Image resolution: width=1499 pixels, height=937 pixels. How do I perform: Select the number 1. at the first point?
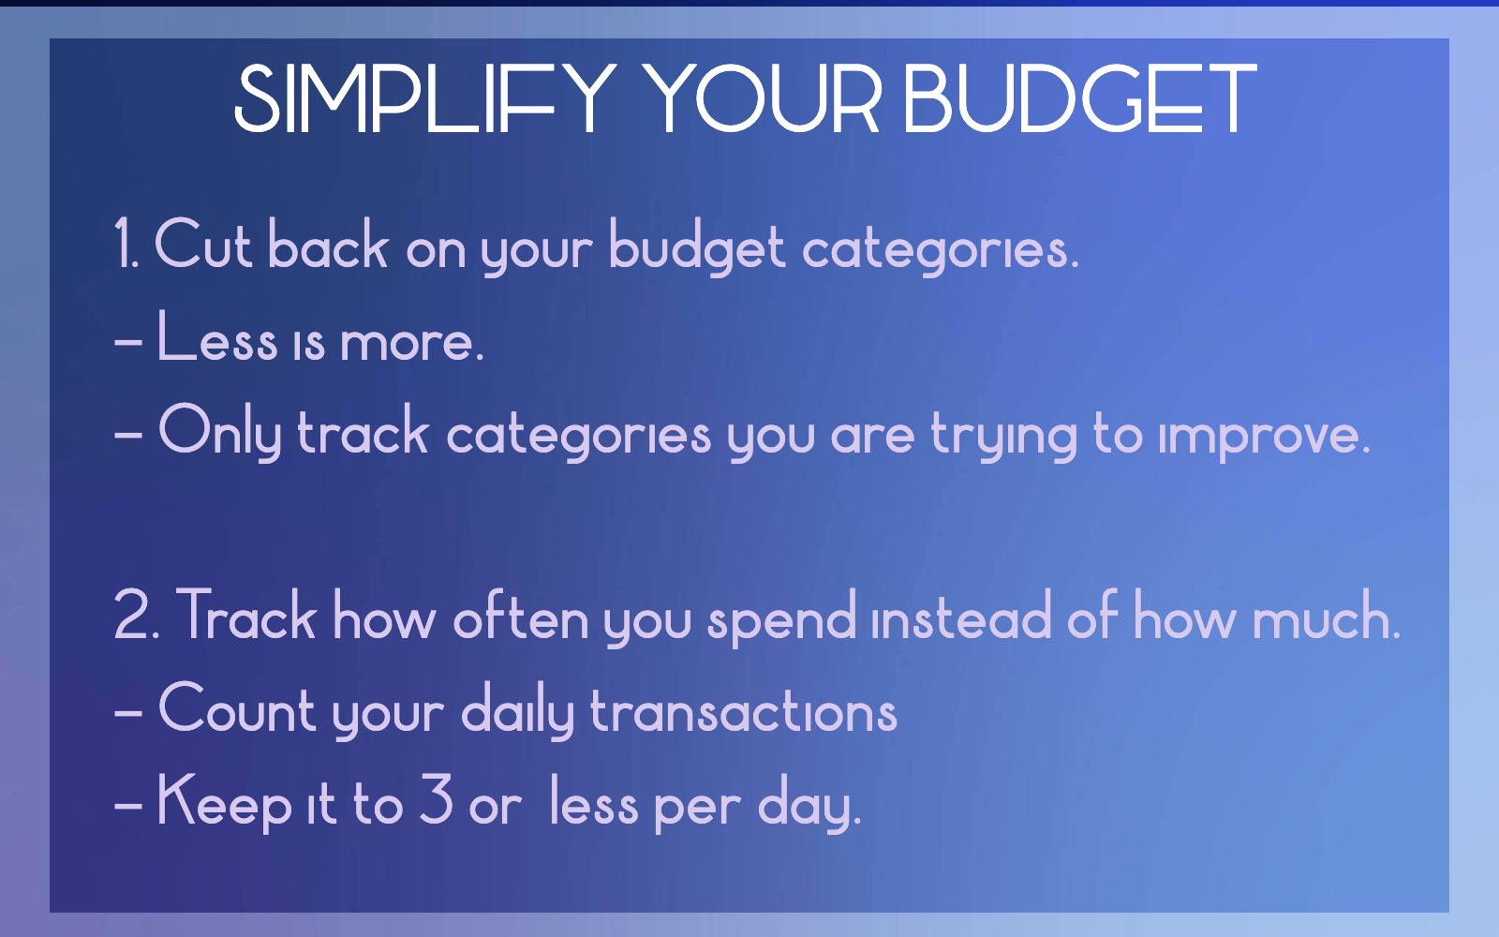coord(126,245)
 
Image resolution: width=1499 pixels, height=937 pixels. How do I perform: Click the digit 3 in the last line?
coord(437,800)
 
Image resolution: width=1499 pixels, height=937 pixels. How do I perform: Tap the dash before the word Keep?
coord(128,804)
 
